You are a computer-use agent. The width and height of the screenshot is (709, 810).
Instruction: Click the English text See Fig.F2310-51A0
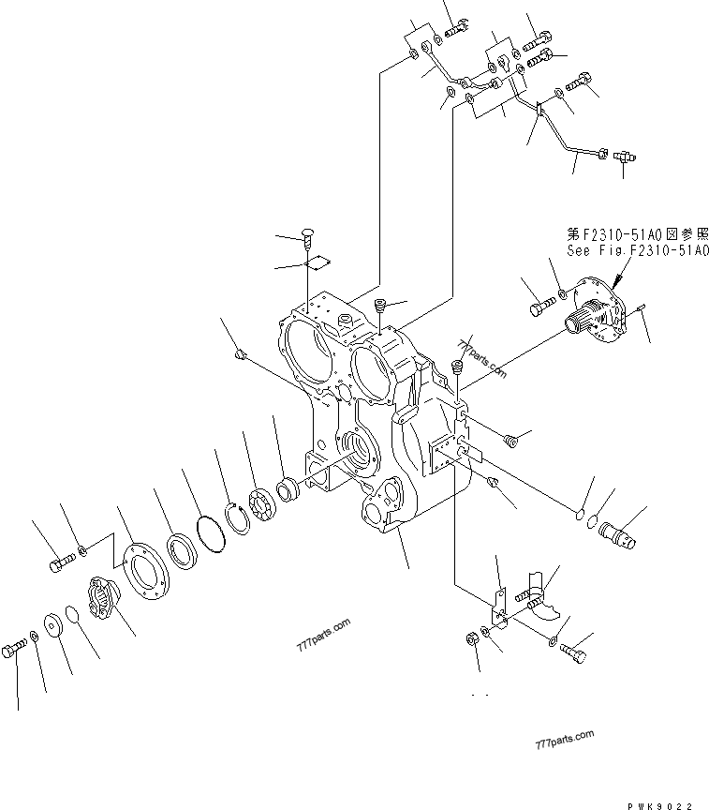click(x=637, y=251)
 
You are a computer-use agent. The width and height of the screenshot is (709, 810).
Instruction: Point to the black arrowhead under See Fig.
click(x=618, y=278)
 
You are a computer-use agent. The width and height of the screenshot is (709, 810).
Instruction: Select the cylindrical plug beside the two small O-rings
click(x=614, y=532)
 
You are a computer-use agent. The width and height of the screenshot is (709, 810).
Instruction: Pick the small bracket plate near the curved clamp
click(x=499, y=610)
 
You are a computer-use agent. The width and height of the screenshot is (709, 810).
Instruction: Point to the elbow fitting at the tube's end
click(x=626, y=161)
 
